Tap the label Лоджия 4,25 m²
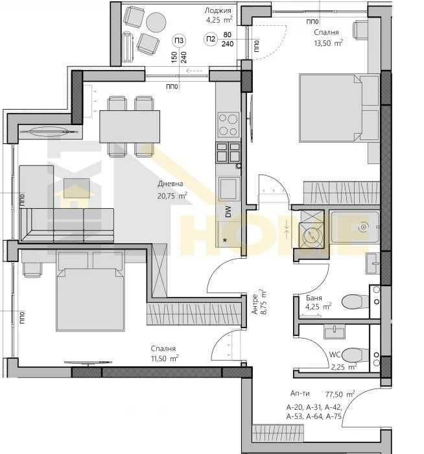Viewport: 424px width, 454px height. [x=219, y=15]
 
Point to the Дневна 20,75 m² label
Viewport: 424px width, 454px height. [x=172, y=189]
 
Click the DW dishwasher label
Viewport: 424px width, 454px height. [x=228, y=211]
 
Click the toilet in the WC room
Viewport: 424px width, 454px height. [x=354, y=355]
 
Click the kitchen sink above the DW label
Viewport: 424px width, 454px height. [x=228, y=189]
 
